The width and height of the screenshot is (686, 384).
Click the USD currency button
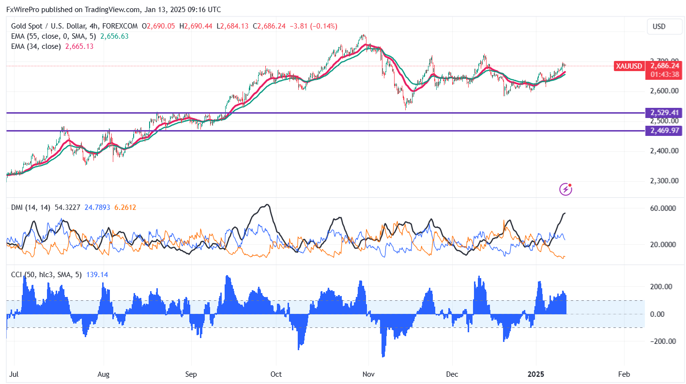coord(659,27)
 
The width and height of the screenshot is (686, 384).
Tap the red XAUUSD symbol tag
coord(629,66)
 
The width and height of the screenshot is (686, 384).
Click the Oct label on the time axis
coord(275,374)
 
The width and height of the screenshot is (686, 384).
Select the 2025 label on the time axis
coord(536,374)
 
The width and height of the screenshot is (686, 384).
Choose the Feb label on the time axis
coord(624,374)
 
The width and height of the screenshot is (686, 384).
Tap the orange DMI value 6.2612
coord(125,207)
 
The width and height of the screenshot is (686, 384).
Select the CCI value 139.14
coord(97,275)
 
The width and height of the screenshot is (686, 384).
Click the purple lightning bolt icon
coord(565,189)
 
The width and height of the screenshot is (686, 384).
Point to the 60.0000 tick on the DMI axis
coord(662,208)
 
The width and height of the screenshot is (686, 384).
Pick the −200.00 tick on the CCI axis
coord(661,341)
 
